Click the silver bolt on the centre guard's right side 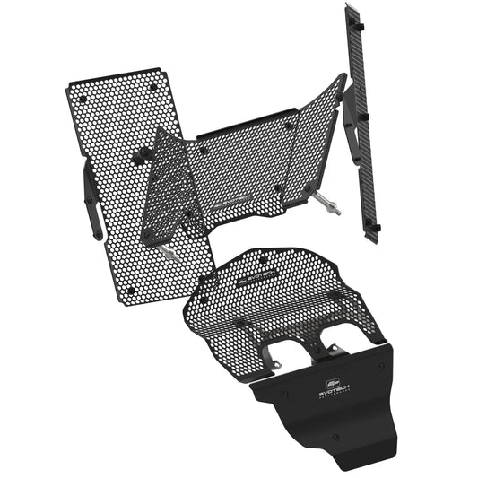pos(333,209)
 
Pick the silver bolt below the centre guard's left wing pos(169,253)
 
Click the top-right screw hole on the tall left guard pos(153,87)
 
